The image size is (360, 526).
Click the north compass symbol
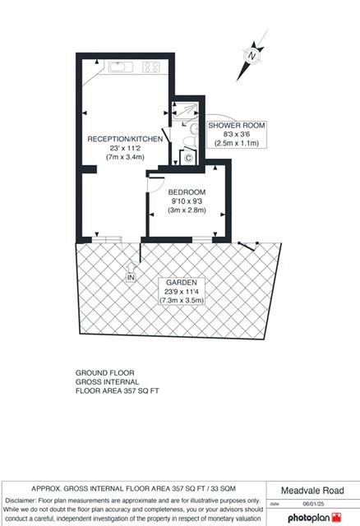[252, 54]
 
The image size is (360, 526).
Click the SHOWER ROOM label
[233, 126]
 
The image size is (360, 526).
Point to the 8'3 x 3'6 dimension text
[233, 134]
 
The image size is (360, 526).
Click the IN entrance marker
[130, 278]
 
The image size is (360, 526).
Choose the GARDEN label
[181, 282]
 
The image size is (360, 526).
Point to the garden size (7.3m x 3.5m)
[181, 300]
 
